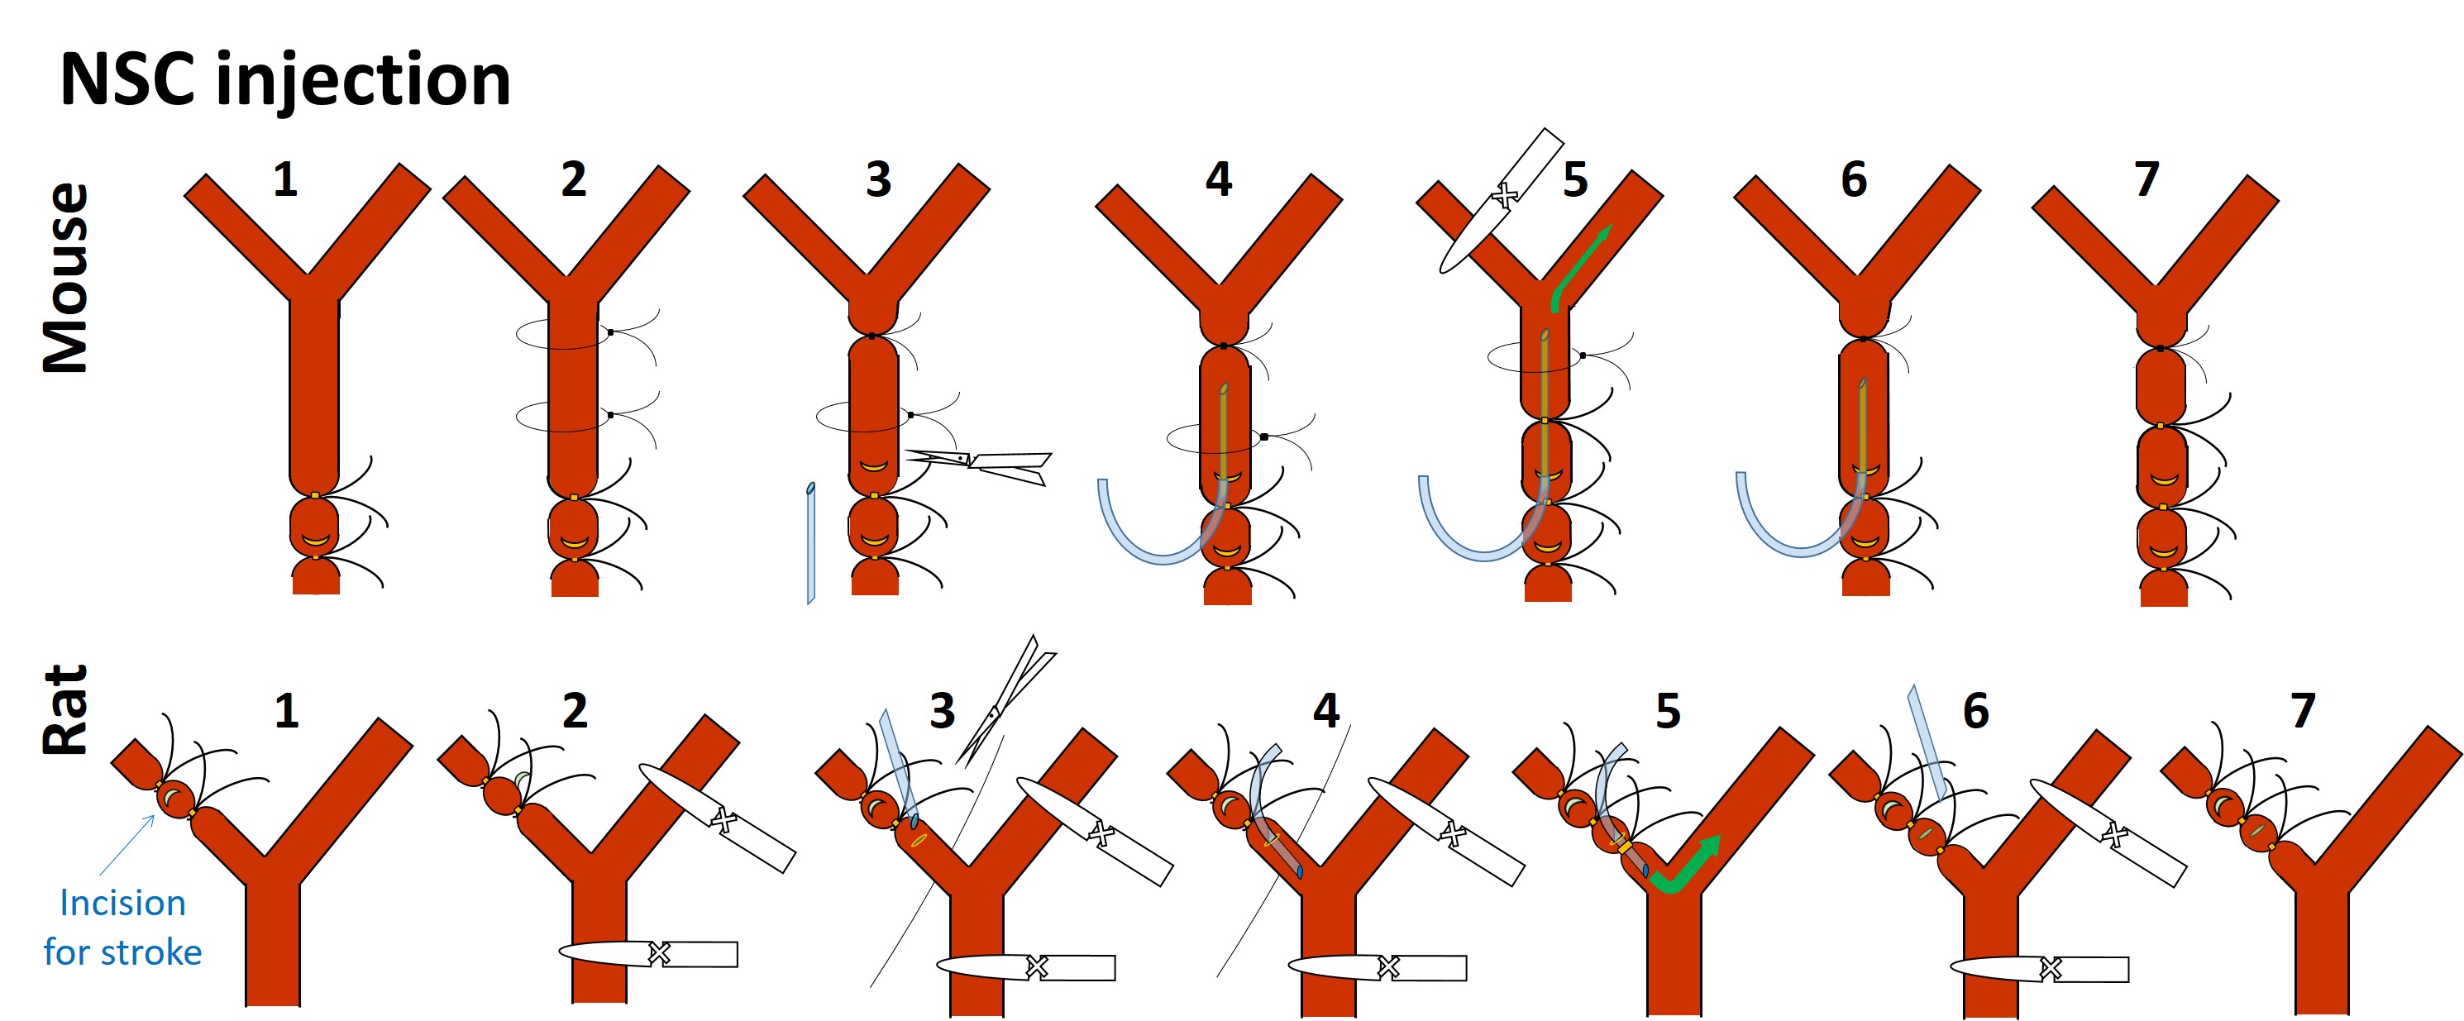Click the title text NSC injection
285,80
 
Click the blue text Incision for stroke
122,928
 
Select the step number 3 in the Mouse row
878,179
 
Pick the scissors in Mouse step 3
986,463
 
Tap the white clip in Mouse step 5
1500,201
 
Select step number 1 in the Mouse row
285,179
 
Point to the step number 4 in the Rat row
1325,710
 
